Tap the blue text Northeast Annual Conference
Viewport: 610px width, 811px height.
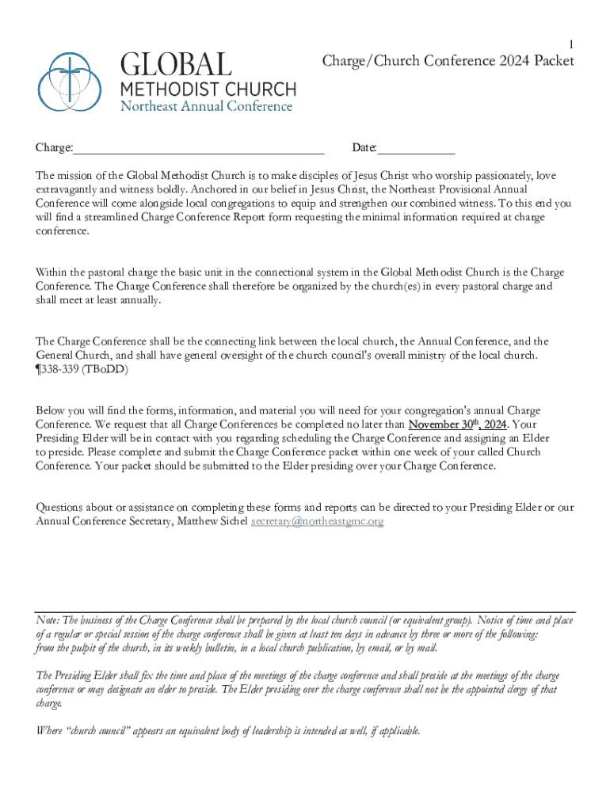coord(206,106)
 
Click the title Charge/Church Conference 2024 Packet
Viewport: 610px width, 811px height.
coord(448,61)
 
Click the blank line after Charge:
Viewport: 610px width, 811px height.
coord(199,148)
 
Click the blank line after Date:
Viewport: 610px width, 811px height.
coord(416,148)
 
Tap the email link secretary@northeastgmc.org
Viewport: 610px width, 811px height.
coord(317,521)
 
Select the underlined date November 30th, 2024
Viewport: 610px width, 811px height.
coord(457,424)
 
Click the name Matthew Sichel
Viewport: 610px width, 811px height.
coord(212,521)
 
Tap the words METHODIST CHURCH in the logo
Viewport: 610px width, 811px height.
coord(208,88)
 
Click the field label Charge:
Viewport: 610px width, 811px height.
coord(54,148)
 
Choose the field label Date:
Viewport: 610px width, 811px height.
coord(364,148)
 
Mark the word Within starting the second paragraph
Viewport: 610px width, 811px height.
coord(53,272)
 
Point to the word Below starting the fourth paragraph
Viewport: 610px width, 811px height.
coord(51,410)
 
